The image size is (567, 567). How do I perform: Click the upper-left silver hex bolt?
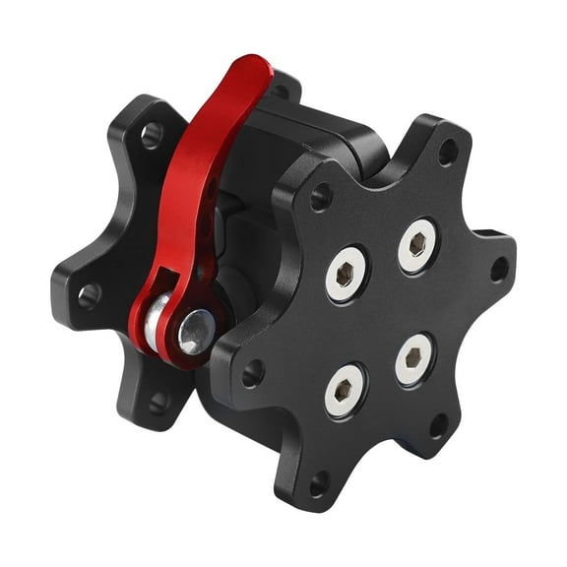(346, 271)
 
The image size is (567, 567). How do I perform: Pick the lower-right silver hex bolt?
(414, 362)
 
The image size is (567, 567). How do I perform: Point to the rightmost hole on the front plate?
(499, 269)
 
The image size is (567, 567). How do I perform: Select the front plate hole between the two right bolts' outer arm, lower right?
(439, 425)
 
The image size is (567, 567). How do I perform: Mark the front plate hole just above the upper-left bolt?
(320, 197)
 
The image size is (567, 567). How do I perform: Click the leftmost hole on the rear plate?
(89, 292)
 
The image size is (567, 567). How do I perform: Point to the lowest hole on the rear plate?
(157, 402)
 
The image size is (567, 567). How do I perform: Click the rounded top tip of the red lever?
(253, 71)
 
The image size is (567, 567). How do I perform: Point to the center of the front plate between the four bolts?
(381, 317)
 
